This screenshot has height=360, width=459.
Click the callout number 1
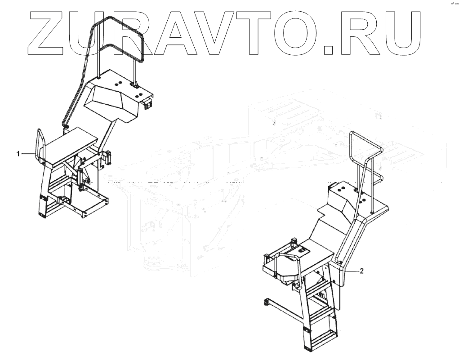[18, 154]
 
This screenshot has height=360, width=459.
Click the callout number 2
[362, 271]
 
